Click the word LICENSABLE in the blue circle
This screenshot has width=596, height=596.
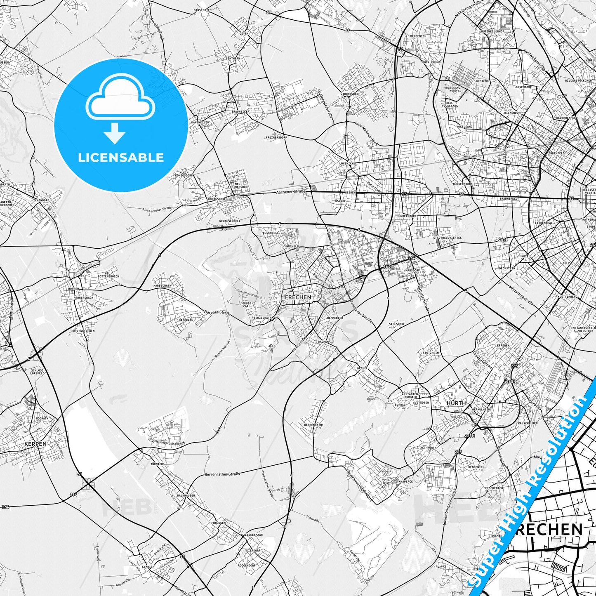(x=121, y=158)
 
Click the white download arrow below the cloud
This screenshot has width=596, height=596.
(x=115, y=133)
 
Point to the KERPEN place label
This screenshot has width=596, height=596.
(x=35, y=444)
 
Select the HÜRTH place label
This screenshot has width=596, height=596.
(x=456, y=403)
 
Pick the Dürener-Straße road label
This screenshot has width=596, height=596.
(x=217, y=313)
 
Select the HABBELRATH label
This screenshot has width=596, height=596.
(x=162, y=285)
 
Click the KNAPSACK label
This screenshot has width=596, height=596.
(x=406, y=481)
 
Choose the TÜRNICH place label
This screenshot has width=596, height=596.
(x=157, y=464)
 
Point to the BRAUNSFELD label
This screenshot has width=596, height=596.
(x=509, y=198)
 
